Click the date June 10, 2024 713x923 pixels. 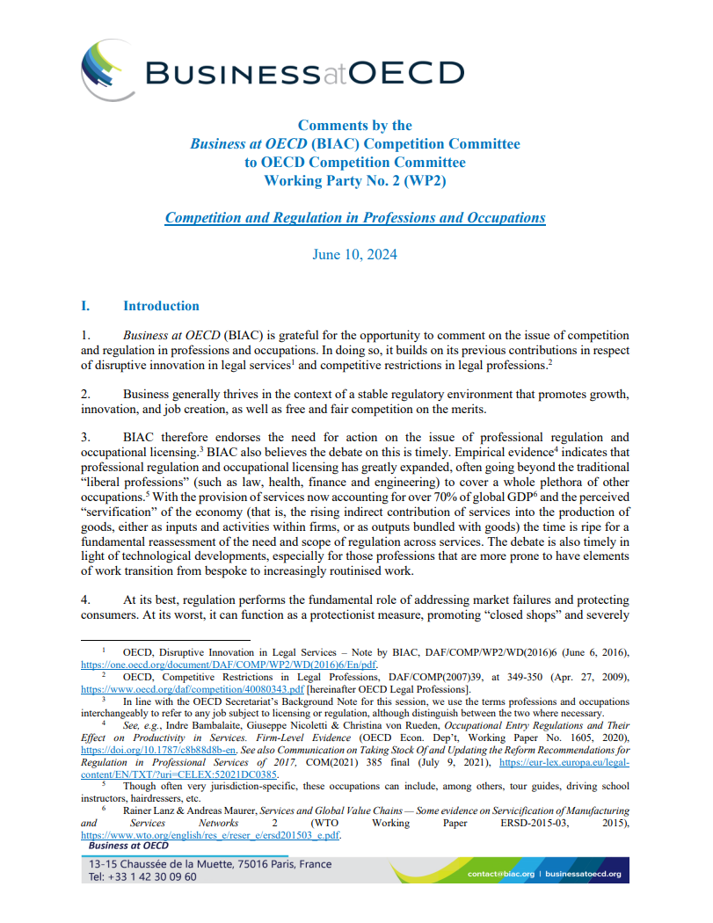click(x=354, y=254)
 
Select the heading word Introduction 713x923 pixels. click(x=161, y=306)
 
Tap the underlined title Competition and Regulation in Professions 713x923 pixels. click(x=354, y=217)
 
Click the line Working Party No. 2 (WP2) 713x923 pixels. click(x=354, y=180)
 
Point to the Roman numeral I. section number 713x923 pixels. click(x=85, y=306)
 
